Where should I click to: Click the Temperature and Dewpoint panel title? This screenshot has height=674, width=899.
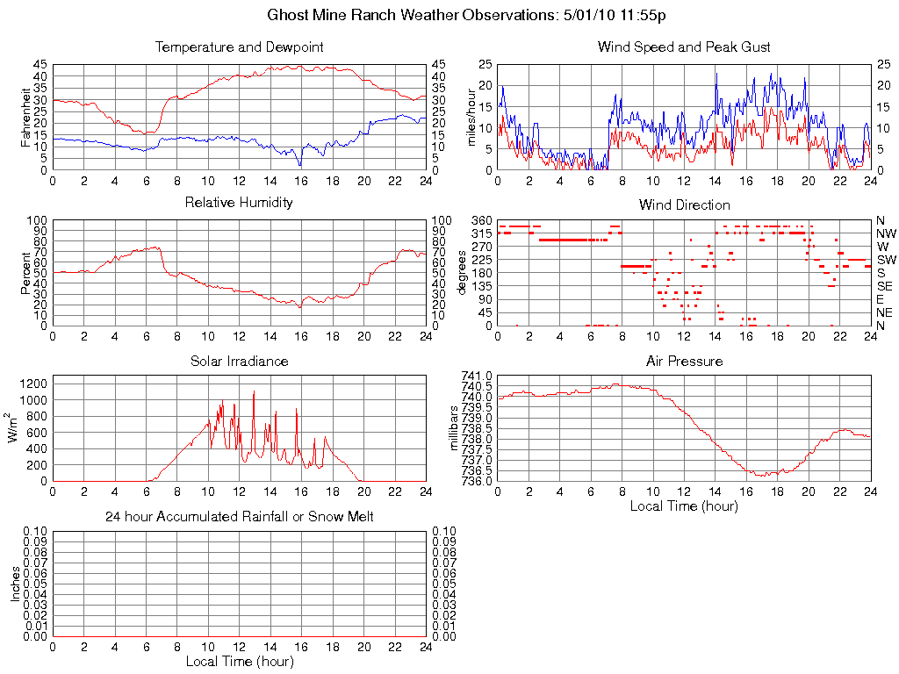(239, 47)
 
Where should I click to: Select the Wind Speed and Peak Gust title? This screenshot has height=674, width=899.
(684, 47)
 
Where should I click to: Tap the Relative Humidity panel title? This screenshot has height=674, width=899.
(239, 203)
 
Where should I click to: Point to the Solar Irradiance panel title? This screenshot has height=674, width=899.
(239, 361)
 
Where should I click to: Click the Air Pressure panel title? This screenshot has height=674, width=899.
(684, 361)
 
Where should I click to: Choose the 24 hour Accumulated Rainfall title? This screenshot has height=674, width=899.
(239, 517)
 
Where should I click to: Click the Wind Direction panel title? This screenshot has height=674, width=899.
(684, 204)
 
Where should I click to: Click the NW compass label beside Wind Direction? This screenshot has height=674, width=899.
(886, 233)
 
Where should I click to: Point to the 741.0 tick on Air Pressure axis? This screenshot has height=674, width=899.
(478, 376)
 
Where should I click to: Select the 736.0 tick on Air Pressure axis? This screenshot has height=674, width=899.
(478, 481)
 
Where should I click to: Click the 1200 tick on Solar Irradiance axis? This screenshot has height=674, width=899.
(34, 384)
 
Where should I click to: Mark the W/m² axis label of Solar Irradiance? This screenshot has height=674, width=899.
(15, 428)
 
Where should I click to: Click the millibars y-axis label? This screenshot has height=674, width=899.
(456, 428)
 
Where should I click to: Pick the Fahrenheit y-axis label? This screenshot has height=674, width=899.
(26, 117)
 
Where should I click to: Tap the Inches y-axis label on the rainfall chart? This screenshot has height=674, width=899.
(15, 584)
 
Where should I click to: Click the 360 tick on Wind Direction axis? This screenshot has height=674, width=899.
(481, 219)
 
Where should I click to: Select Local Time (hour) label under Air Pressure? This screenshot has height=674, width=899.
(684, 505)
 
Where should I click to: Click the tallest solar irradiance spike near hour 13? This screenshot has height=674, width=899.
(255, 392)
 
